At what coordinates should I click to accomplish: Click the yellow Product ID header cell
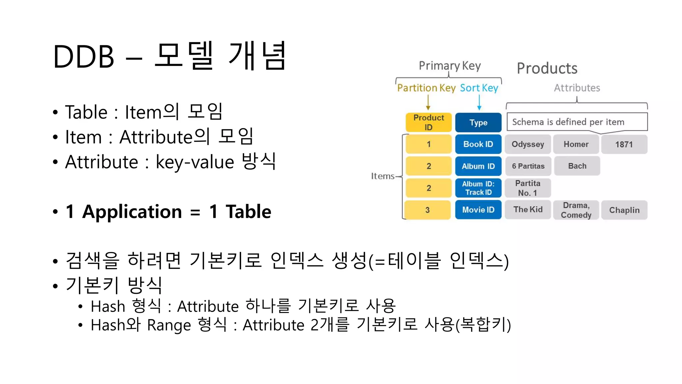tap(429, 122)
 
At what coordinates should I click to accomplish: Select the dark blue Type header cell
tap(478, 122)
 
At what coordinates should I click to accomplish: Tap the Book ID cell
tap(478, 144)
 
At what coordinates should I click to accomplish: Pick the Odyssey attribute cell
tap(528, 144)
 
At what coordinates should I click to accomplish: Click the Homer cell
tap(576, 144)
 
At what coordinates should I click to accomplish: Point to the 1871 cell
tap(624, 144)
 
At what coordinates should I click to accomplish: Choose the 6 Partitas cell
tap(528, 166)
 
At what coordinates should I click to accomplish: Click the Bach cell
tap(577, 166)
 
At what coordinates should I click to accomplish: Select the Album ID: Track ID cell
tap(478, 188)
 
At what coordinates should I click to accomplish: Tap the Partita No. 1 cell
tap(528, 188)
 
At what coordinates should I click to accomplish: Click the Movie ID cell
tap(478, 210)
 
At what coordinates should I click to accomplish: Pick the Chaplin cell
tap(624, 210)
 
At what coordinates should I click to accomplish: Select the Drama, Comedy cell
tap(576, 210)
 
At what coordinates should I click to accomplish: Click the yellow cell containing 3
tap(428, 210)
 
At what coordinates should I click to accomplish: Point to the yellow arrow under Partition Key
tap(428, 102)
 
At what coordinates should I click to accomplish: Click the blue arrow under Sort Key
tap(479, 102)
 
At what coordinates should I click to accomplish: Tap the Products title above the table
tap(547, 68)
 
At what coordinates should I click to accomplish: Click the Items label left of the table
tap(383, 176)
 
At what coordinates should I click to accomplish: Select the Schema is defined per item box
tap(577, 122)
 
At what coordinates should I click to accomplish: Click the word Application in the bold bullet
tap(132, 212)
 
